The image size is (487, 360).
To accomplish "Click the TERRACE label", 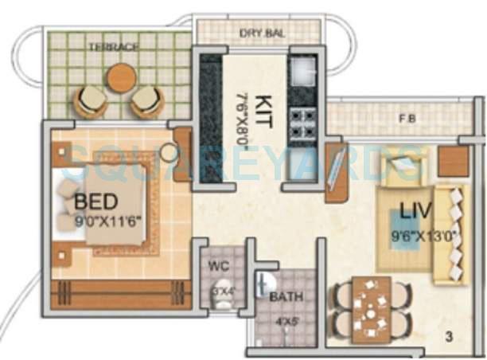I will click(119, 47).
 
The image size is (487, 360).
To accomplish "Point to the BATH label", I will click(284, 297).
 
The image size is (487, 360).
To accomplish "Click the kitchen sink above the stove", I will click(303, 74).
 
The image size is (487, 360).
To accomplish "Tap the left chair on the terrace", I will click(89, 100).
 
